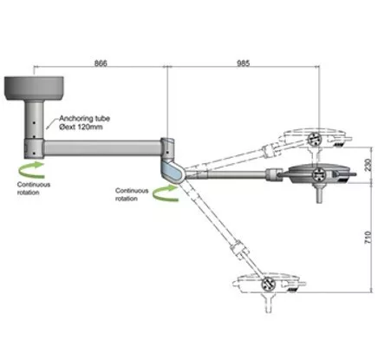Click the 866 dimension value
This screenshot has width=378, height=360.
point(101,63)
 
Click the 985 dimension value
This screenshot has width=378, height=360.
point(243,63)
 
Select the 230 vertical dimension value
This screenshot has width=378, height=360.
point(368,165)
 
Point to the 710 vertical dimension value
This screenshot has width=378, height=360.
point(368,237)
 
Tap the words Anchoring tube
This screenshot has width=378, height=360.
point(85,119)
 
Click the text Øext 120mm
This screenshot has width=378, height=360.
point(81,127)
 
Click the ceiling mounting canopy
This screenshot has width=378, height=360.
point(34,88)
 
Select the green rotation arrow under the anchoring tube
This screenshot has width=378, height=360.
point(32,170)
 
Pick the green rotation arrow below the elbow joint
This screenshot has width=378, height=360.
point(166,193)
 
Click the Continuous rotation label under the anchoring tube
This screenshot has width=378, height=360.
point(34,188)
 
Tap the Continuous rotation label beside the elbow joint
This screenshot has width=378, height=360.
point(132,194)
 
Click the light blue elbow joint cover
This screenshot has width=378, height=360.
point(173,173)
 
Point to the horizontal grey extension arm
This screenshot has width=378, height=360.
point(102,148)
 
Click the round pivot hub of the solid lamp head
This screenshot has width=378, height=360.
point(319,174)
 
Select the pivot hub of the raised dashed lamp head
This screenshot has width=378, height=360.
point(313,140)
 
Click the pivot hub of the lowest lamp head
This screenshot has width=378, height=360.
point(268,284)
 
